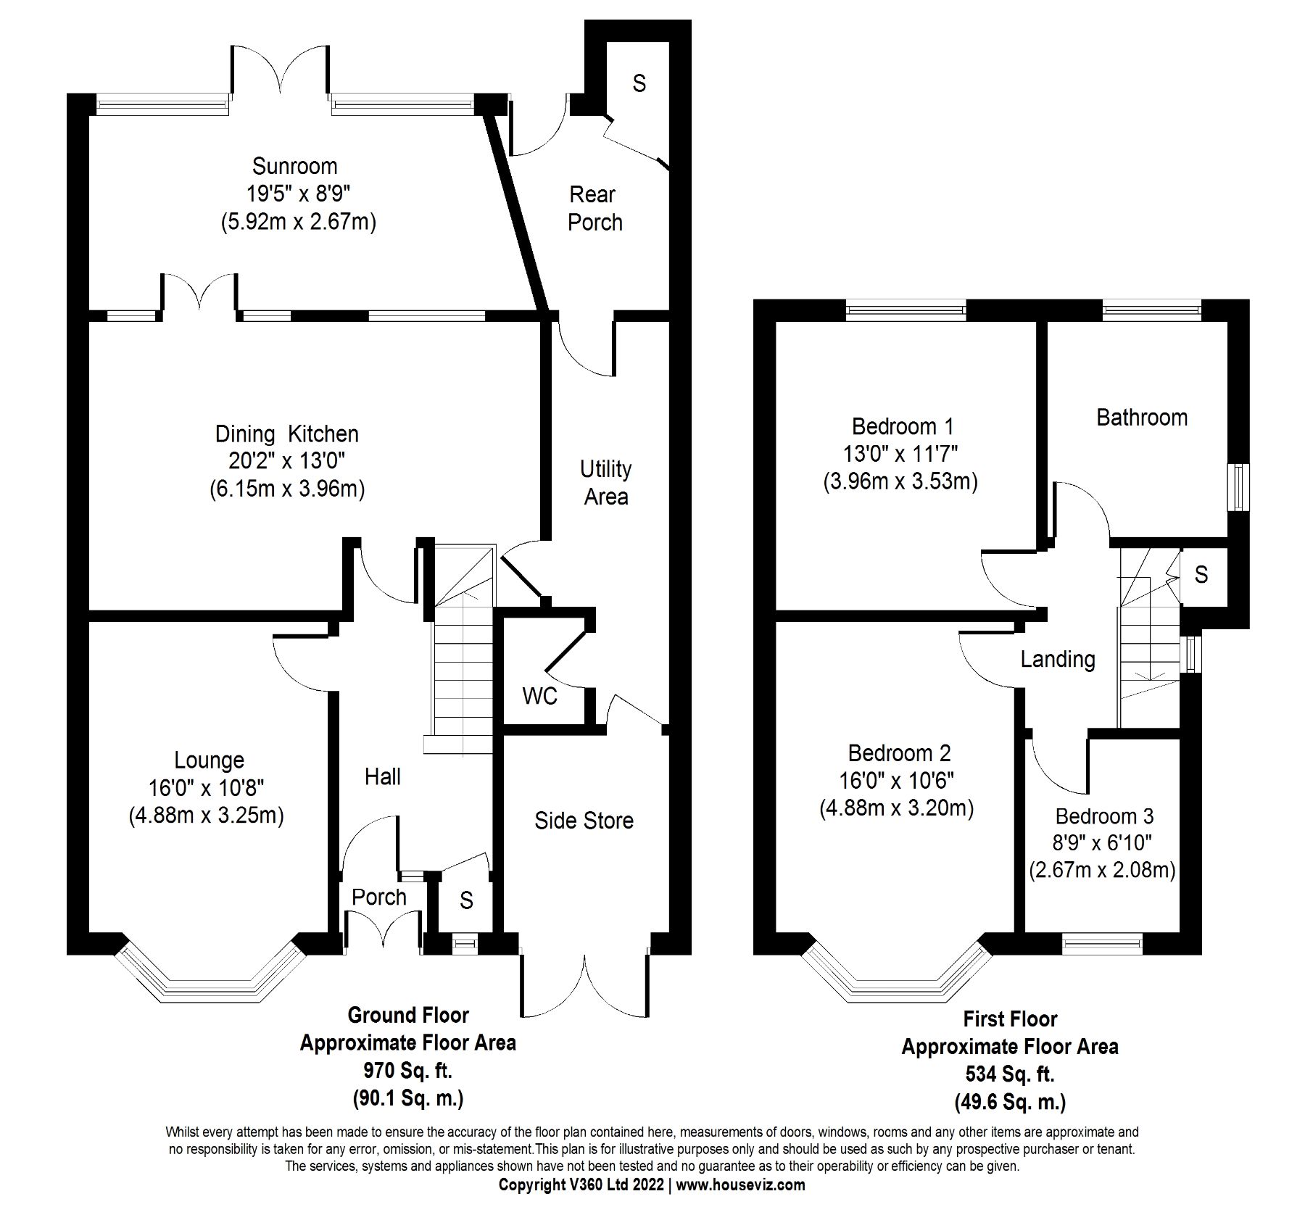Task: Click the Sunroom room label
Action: (294, 166)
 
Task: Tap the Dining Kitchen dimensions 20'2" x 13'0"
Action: (286, 461)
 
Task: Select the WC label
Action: (539, 697)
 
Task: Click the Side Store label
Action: (584, 821)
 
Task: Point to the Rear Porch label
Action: (594, 208)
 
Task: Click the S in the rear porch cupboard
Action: (638, 84)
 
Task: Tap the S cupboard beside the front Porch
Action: (466, 900)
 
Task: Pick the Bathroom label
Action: (1141, 418)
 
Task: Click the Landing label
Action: (1057, 660)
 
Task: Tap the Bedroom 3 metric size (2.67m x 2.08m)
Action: (1102, 870)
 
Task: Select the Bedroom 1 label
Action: (902, 426)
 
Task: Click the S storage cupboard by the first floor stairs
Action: (1201, 575)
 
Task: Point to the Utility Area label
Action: (605, 483)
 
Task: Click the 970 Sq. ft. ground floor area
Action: (407, 1071)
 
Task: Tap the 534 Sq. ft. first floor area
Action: (1009, 1074)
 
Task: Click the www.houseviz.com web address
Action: (740, 1185)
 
